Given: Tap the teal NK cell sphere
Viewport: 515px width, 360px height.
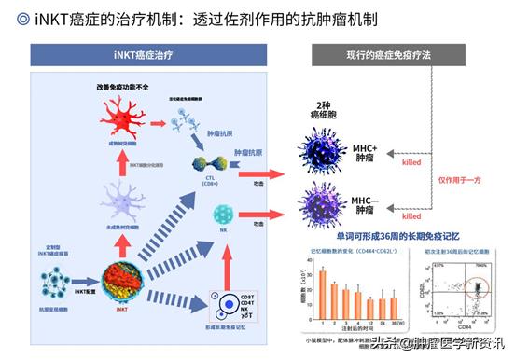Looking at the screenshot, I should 223,214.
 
